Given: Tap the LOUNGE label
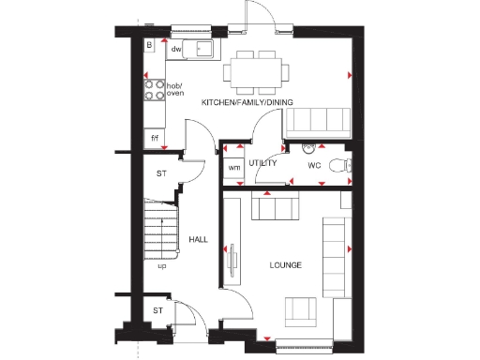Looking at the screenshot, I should tap(285, 265).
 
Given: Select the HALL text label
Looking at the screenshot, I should tap(198, 240).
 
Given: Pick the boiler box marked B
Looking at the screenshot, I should tap(149, 44).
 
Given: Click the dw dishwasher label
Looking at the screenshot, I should tap(176, 49).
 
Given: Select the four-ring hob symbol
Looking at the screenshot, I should tap(153, 90).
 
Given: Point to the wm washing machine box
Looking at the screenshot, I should tap(233, 168).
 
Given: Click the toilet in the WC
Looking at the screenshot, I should tap(348, 165).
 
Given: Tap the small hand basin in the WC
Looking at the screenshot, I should tap(309, 147).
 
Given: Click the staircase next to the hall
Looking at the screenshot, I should tap(160, 229).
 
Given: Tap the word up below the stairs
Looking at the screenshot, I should tap(162, 265).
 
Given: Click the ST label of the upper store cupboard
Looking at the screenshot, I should tap(161, 173).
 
